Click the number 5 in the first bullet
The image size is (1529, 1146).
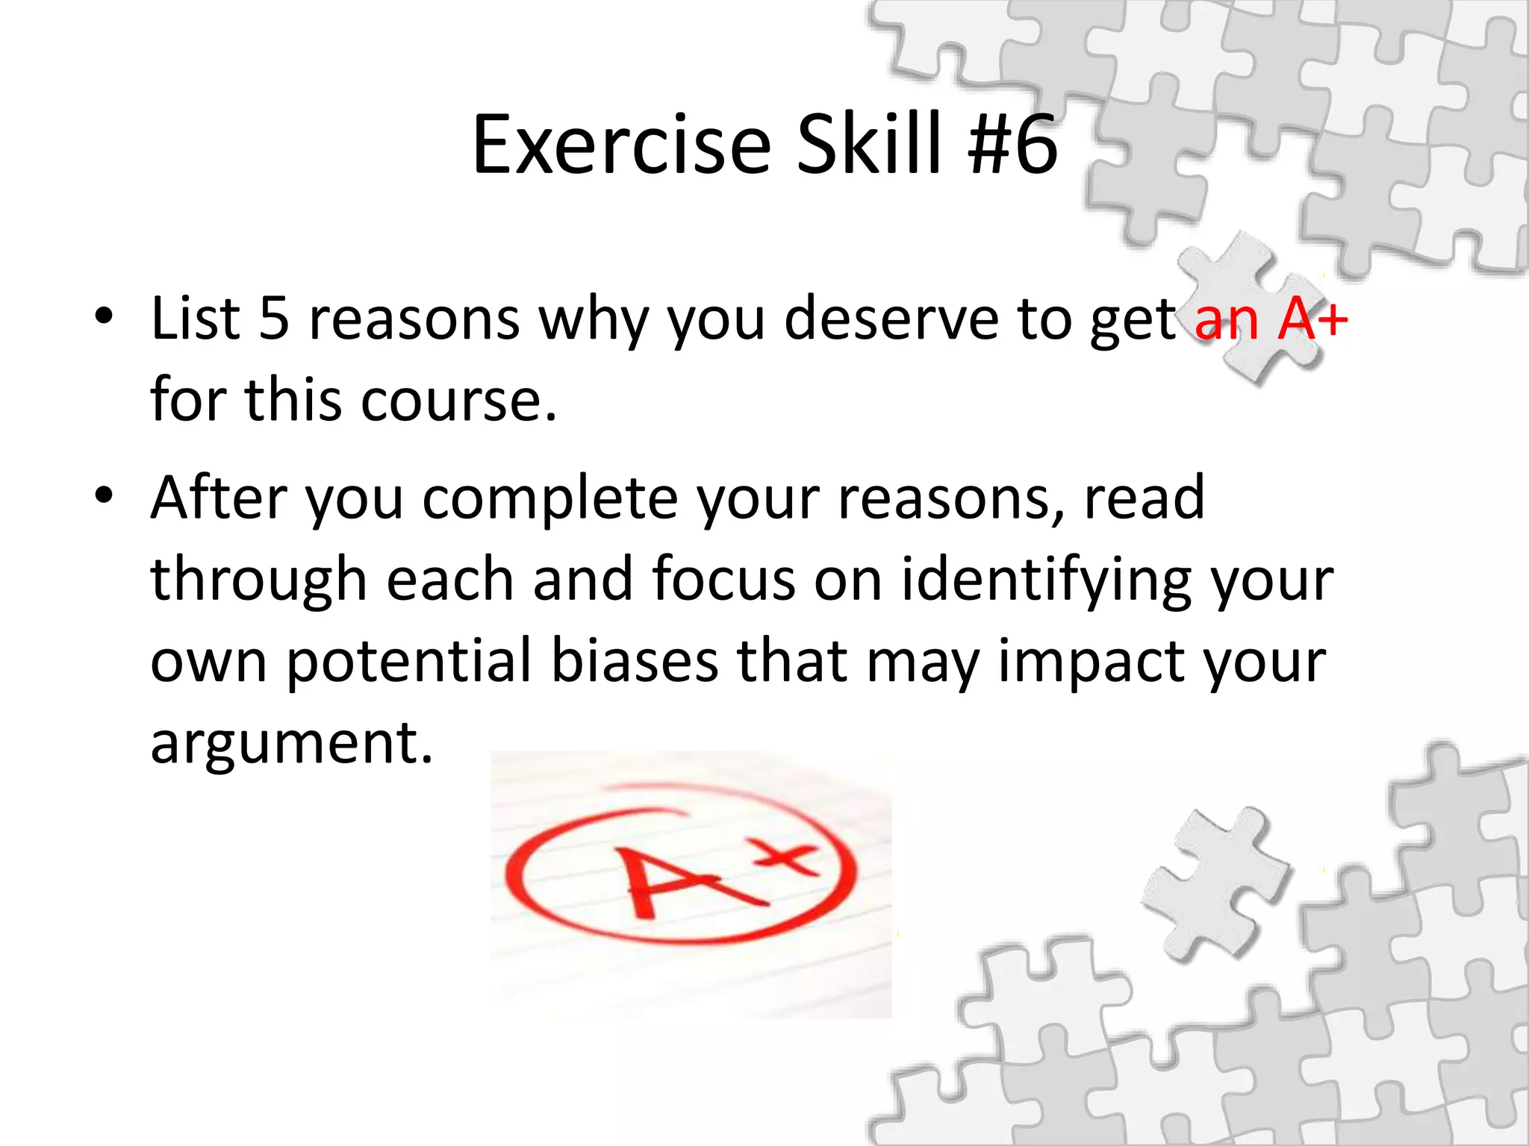[x=273, y=319]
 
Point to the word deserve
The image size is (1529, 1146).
[x=891, y=319]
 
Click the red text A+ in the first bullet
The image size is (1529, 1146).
[x=1312, y=319]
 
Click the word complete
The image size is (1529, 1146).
[x=551, y=499]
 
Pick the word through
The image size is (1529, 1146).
[x=258, y=580]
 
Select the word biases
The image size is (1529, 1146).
[x=634, y=661]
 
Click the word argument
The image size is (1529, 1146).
[x=291, y=744]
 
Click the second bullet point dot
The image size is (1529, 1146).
[x=104, y=495]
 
